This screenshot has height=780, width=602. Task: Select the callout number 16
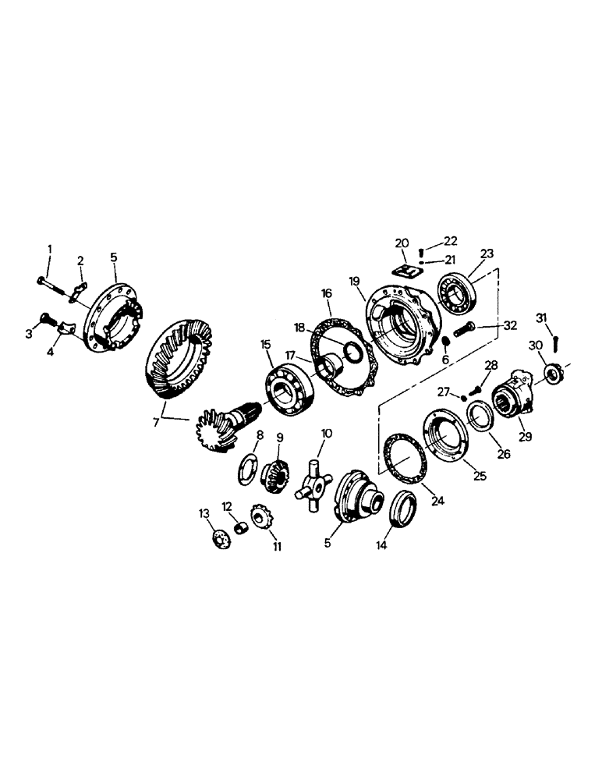pyautogui.click(x=325, y=293)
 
